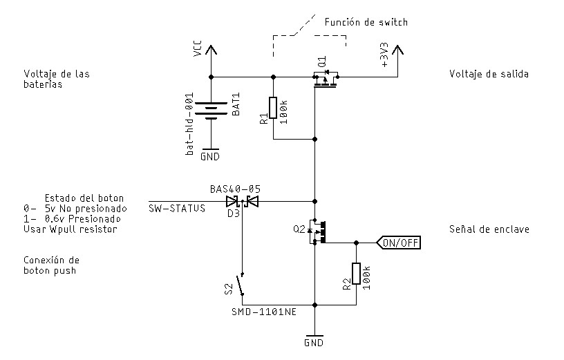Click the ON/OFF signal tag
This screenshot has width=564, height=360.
pyautogui.click(x=398, y=243)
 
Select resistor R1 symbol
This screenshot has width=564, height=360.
pyautogui.click(x=273, y=108)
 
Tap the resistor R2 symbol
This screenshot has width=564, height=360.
pyautogui.click(x=356, y=274)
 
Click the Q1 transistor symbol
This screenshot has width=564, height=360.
pyautogui.click(x=326, y=80)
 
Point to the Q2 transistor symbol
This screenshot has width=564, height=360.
pyautogui.click(x=317, y=232)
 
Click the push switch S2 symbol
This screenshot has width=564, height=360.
pyautogui.click(x=240, y=285)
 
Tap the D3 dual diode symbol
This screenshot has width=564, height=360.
pyautogui.click(x=243, y=202)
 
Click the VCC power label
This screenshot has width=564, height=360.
pyautogui.click(x=198, y=48)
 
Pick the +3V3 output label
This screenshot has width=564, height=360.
pyautogui.click(x=384, y=55)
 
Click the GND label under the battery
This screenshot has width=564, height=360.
pyautogui.click(x=210, y=156)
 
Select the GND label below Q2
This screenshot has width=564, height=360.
pyautogui.click(x=314, y=343)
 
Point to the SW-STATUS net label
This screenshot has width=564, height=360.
pyautogui.click(x=177, y=208)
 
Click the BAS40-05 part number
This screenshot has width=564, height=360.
pyautogui.click(x=235, y=189)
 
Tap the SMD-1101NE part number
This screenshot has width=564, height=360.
pyautogui.click(x=264, y=312)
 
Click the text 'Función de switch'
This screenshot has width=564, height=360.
pyautogui.click(x=366, y=22)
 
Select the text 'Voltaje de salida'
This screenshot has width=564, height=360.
pyautogui.click(x=489, y=74)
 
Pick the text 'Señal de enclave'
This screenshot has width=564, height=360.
pyautogui.click(x=489, y=229)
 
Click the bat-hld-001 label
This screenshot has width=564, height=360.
pyautogui.click(x=189, y=124)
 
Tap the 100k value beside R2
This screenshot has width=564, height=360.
pyautogui.click(x=366, y=278)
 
